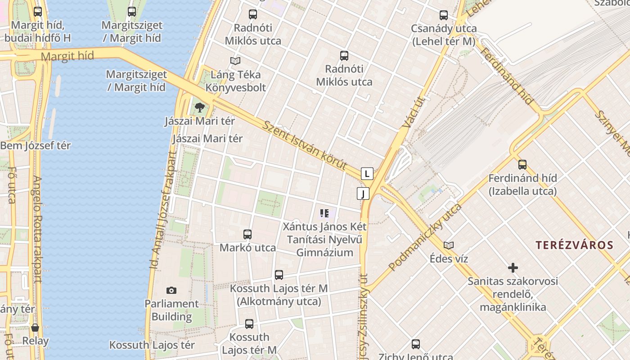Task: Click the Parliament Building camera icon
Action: coord(171,290)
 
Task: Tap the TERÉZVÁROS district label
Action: coord(574,245)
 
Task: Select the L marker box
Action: coord(367,174)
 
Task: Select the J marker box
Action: coord(363,193)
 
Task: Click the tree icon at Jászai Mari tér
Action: coord(200,108)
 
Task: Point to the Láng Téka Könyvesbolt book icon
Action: coord(235,61)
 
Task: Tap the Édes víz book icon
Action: coord(449,245)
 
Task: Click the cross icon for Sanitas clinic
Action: coord(513,268)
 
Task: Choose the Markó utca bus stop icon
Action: coord(247,234)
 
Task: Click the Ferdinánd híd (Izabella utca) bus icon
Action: coord(522,165)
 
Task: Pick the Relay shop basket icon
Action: coord(35,328)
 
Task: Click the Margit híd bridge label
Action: coord(67,56)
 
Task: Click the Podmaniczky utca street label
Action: coord(425,237)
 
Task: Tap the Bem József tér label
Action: coord(36,146)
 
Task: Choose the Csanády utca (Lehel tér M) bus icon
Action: coord(444,15)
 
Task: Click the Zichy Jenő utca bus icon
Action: coord(416,345)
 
